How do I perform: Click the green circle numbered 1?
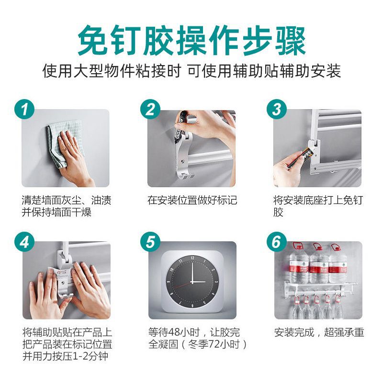point(24,109)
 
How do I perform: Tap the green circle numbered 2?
point(150,109)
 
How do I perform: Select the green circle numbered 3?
point(277,109)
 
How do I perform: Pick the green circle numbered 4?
point(24,242)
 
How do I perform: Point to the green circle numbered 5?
point(150,242)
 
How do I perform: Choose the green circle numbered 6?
point(277,242)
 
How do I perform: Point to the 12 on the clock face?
point(192,258)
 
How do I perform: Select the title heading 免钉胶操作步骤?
point(191,41)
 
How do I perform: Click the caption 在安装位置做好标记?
point(192,200)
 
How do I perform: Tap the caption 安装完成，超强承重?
point(319,332)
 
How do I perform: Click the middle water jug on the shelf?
point(319,265)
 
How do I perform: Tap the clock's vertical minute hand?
point(192,272)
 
